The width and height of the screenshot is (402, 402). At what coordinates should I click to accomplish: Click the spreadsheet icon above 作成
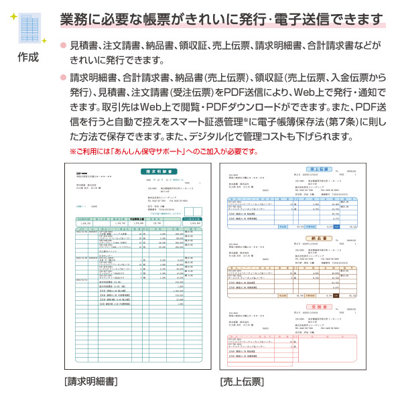[x=29, y=29]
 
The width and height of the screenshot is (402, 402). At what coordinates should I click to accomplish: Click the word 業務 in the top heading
[x=72, y=17]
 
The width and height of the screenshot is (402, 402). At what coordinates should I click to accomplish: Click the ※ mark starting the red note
[x=74, y=151]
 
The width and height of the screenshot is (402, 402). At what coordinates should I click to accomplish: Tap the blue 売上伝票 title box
[x=322, y=169]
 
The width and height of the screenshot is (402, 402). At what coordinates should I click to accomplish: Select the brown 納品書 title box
[x=322, y=237]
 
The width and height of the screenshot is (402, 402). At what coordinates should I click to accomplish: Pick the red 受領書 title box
[x=322, y=307]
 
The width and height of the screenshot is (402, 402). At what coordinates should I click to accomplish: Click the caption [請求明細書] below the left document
[x=91, y=381]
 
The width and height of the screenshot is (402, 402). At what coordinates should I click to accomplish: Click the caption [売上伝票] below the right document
[x=242, y=381]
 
